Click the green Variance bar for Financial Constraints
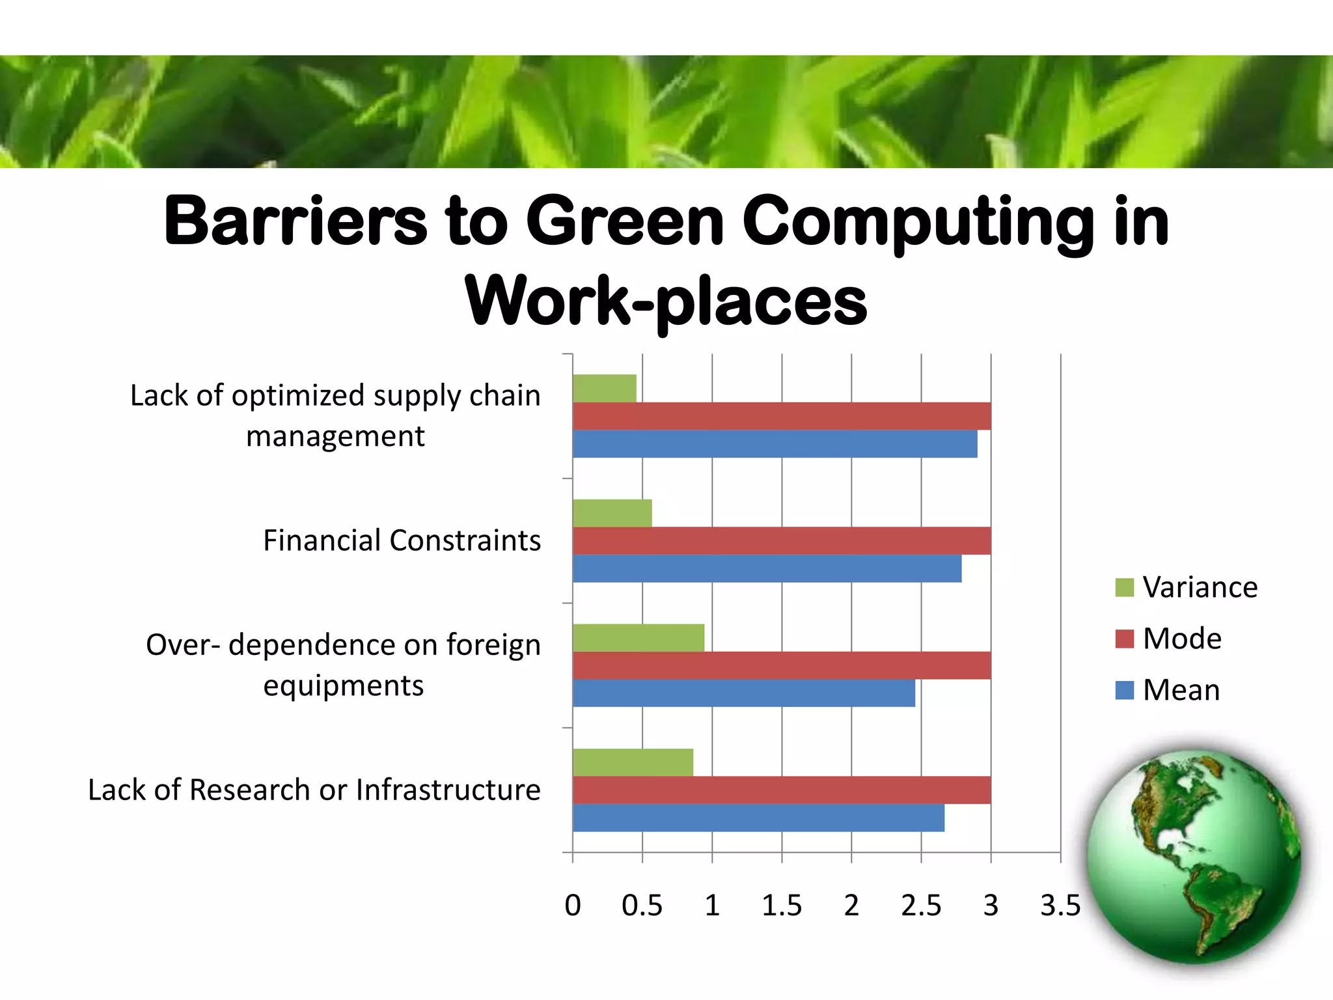click(x=612, y=513)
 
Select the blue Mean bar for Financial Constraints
click(x=767, y=568)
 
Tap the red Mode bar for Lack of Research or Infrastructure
click(x=781, y=790)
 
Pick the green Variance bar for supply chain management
click(x=604, y=389)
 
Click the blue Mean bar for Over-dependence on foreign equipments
click(x=743, y=693)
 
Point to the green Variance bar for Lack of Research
click(x=633, y=762)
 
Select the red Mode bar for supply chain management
click(x=781, y=416)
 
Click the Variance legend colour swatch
click(x=1124, y=587)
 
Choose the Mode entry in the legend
click(x=1181, y=639)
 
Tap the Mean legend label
click(x=1181, y=690)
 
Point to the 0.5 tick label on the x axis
click(x=642, y=906)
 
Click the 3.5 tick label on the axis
click(x=1060, y=906)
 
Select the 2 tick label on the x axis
click(x=851, y=906)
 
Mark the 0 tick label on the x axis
click(x=573, y=906)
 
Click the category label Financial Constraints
click(x=402, y=540)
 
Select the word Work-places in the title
click(x=666, y=301)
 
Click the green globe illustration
click(x=1194, y=856)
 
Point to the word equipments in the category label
click(x=343, y=686)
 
